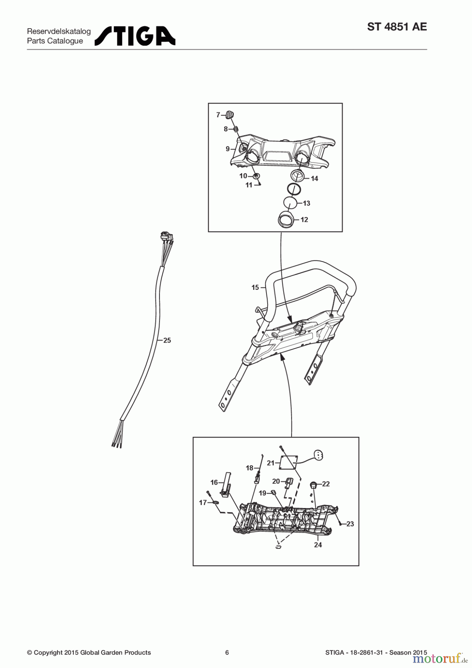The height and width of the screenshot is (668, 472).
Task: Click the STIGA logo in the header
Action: [x=135, y=36]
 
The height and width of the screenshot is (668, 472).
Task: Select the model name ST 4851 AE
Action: [x=397, y=27]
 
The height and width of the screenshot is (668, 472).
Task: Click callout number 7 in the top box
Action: [x=218, y=115]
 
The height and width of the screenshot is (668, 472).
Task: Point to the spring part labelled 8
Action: [x=235, y=129]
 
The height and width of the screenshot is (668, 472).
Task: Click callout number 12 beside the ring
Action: [x=304, y=220]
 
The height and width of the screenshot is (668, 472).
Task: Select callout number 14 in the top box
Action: [x=314, y=179]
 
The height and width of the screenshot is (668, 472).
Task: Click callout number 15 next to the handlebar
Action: [x=255, y=287]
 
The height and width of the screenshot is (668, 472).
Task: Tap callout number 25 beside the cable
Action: [x=167, y=340]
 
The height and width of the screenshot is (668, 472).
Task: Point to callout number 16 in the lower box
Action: [x=214, y=482]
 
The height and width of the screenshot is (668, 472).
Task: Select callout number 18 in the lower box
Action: [x=249, y=468]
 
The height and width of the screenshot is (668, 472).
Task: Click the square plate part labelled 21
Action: [x=289, y=462]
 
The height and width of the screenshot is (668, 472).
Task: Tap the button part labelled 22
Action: [x=314, y=484]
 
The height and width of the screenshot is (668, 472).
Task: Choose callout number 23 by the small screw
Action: [x=350, y=524]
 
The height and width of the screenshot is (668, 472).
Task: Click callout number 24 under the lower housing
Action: [x=318, y=545]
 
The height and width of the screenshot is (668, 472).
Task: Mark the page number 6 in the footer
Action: [x=227, y=652]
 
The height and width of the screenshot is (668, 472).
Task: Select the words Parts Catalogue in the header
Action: [x=55, y=41]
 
